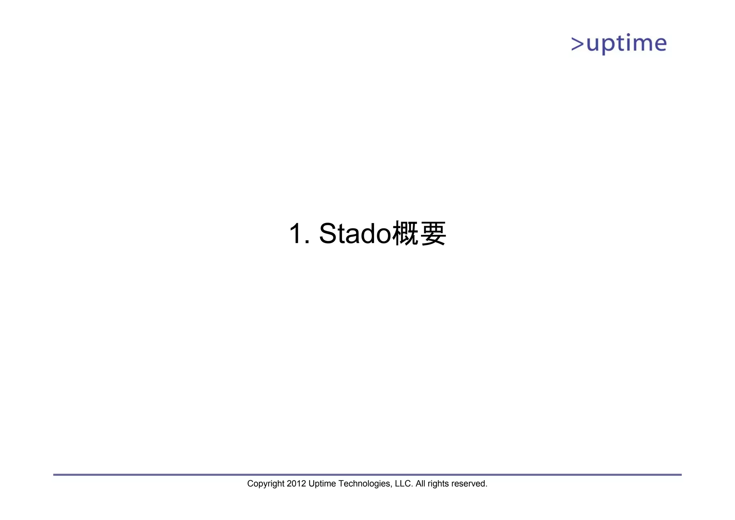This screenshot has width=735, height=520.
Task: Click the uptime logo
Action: coord(619,44)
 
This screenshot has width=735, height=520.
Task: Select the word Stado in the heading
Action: coord(355,234)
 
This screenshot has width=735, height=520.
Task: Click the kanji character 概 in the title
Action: coord(406,234)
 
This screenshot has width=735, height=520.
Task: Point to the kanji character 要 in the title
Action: coord(433,234)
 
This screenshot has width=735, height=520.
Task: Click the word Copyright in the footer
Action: coord(266,484)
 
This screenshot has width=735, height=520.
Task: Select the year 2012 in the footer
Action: coord(296,483)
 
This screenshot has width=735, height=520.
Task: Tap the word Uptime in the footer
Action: coord(322,484)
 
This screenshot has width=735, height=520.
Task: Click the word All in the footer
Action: coord(420,483)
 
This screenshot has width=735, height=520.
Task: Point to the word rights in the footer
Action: coord(438,484)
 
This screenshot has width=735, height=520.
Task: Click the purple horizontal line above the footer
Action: coord(367,475)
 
